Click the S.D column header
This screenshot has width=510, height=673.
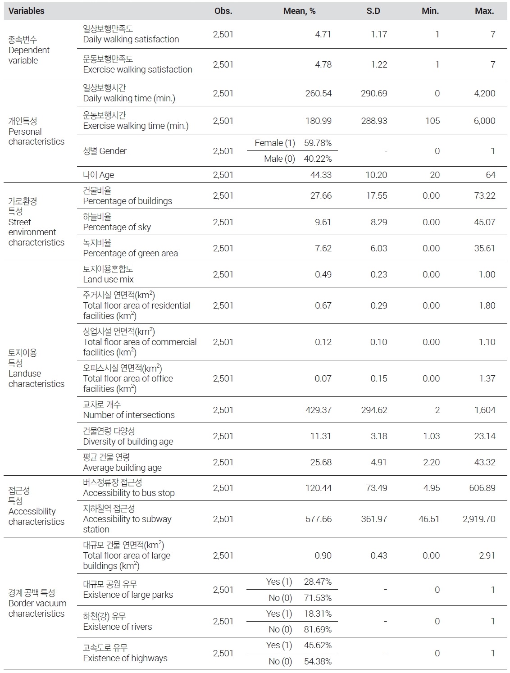click(373, 11)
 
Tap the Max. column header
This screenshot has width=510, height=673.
click(484, 11)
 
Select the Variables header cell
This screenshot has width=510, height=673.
click(27, 11)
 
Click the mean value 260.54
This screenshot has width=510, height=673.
click(318, 94)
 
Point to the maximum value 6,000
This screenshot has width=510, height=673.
click(484, 121)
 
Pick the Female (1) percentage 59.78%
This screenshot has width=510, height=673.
click(318, 143)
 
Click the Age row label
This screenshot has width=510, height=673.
click(99, 175)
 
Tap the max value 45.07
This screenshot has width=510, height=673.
click(484, 222)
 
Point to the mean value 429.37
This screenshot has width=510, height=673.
click(318, 410)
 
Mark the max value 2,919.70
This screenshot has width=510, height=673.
click(478, 519)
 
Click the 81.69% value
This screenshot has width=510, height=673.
click(318, 630)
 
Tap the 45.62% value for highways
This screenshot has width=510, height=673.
click(318, 646)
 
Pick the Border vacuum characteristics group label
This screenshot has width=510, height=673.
click(37, 603)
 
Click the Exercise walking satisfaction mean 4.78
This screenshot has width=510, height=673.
click(323, 65)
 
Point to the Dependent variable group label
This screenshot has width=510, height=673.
click(29, 50)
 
